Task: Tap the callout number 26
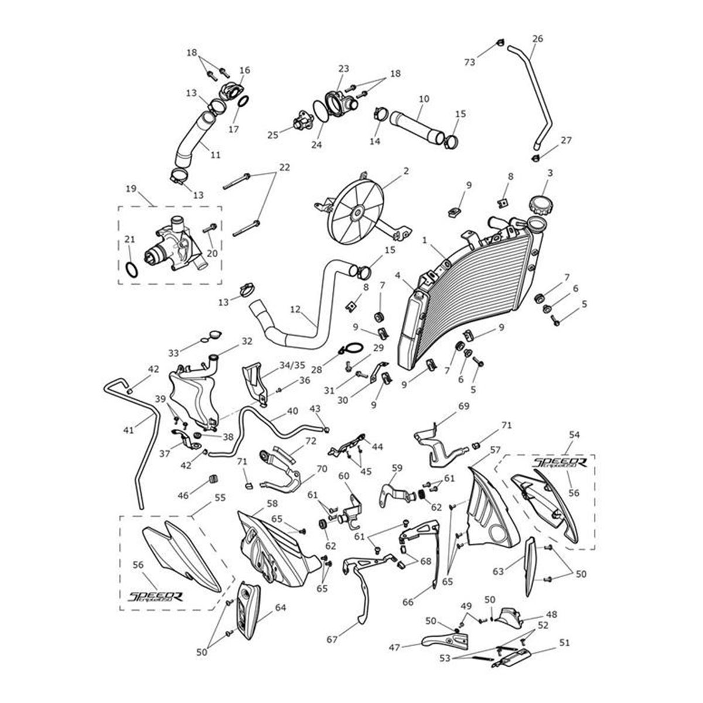pyautogui.click(x=537, y=39)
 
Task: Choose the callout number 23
pyautogui.click(x=343, y=69)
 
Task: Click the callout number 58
pyautogui.click(x=272, y=504)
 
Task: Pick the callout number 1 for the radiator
pyautogui.click(x=424, y=240)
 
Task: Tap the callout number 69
pyautogui.click(x=463, y=406)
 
